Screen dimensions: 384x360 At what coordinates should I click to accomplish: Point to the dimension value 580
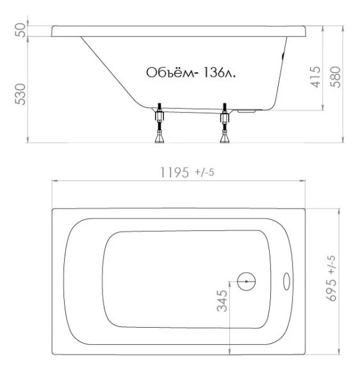334,76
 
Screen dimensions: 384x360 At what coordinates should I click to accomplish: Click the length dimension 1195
172,172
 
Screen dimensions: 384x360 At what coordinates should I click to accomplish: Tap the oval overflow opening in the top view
287,280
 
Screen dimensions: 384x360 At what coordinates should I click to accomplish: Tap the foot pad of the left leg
159,140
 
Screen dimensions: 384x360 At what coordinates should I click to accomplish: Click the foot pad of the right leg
225,140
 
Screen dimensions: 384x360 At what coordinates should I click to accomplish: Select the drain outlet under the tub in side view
247,111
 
